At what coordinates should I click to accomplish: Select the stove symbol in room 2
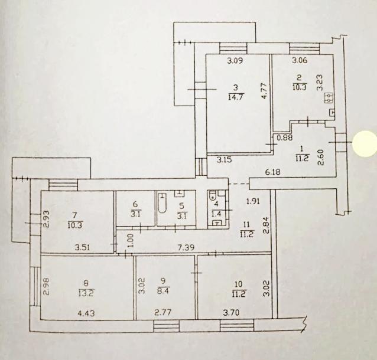pyautogui.click(x=329, y=98)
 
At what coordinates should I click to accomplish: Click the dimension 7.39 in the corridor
pyautogui.click(x=186, y=247)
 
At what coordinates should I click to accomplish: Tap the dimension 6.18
pyautogui.click(x=273, y=172)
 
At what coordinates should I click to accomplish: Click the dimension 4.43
pyautogui.click(x=86, y=313)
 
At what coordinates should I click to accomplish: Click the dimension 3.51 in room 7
pyautogui.click(x=82, y=247)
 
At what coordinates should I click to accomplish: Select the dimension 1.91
pyautogui.click(x=253, y=201)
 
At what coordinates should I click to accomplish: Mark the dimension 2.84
pyautogui.click(x=266, y=225)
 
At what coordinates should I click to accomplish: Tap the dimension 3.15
pyautogui.click(x=225, y=159)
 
